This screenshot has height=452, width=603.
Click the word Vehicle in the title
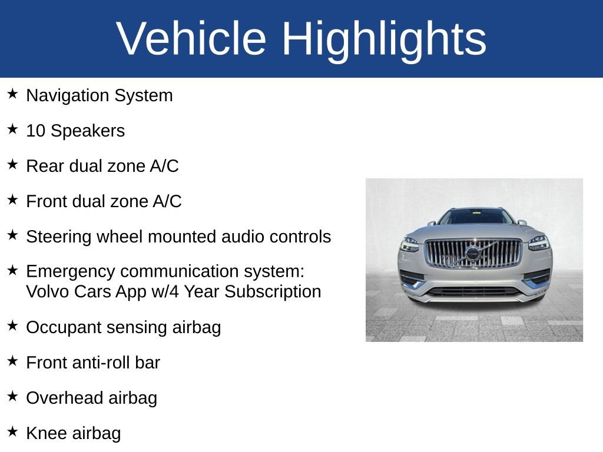pyautogui.click(x=192, y=39)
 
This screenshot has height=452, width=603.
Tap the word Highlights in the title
pyautogui.click(x=384, y=39)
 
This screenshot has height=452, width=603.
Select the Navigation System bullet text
pyautogui.click(x=100, y=95)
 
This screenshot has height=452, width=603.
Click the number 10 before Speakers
pyautogui.click(x=35, y=131)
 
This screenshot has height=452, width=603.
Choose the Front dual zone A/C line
pyautogui.click(x=104, y=201)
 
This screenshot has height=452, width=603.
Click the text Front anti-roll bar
pyautogui.click(x=93, y=363)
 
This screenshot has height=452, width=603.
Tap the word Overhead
pyautogui.click(x=57, y=398)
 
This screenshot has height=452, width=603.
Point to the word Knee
pyautogui.click(x=47, y=433)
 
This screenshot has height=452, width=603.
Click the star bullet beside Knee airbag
pyautogui.click(x=13, y=431)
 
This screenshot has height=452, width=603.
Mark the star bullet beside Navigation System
pyautogui.click(x=13, y=94)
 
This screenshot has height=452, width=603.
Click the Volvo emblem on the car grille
pyautogui.click(x=472, y=254)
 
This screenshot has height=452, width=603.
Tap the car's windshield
pyautogui.click(x=476, y=217)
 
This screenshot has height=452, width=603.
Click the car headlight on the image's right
pyautogui.click(x=538, y=242)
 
